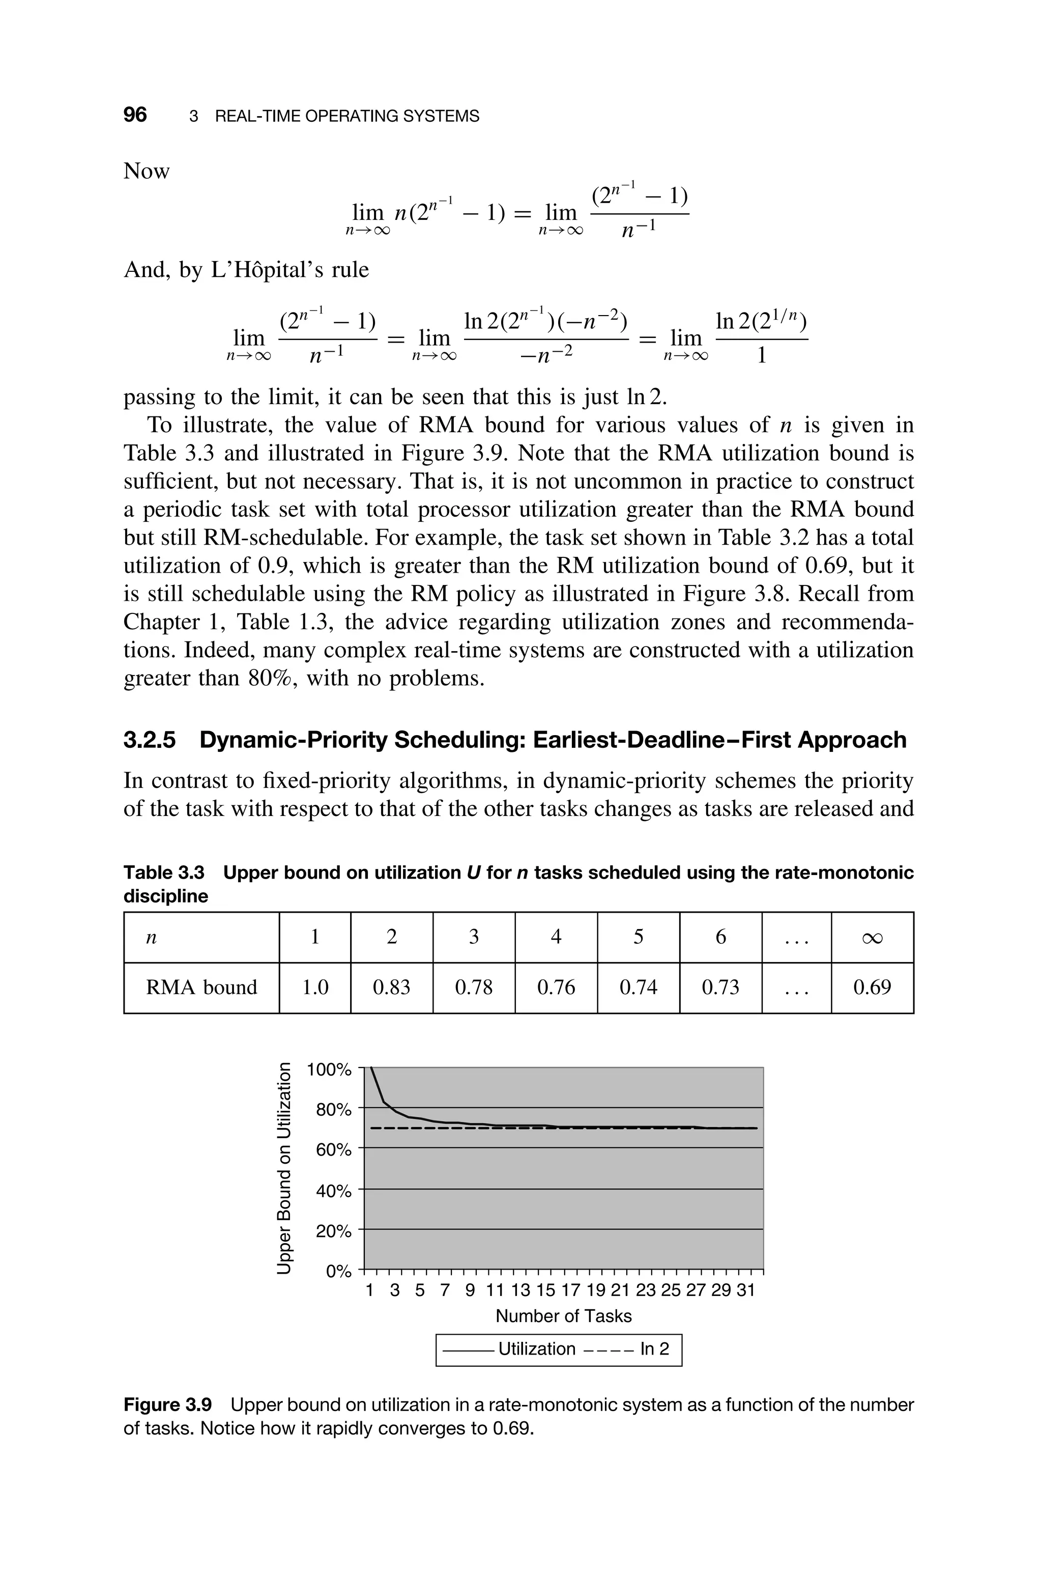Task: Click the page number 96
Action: point(135,115)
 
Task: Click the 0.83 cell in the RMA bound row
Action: point(391,987)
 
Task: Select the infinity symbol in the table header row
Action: point(872,937)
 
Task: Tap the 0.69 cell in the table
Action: point(872,987)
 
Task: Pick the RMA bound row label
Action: point(201,987)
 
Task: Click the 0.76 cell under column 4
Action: point(556,987)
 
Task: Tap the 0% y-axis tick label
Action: point(338,1272)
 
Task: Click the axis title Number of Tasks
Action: point(564,1315)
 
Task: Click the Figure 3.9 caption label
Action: point(167,1404)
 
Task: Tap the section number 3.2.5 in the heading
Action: point(150,740)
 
